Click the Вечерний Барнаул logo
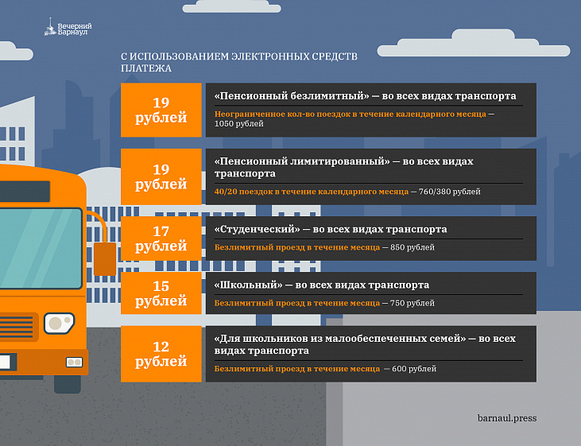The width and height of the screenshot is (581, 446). (68, 28)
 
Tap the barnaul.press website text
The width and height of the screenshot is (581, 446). (507, 418)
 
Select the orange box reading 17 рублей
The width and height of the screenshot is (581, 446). (161, 239)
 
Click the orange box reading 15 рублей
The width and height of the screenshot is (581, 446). (161, 293)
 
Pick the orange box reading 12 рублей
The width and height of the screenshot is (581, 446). (161, 354)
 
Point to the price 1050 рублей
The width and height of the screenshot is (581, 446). (239, 124)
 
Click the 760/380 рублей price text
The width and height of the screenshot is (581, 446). (449, 192)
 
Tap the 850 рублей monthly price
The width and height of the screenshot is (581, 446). (413, 247)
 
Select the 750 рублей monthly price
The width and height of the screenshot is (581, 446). (413, 303)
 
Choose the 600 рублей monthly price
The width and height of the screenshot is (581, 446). (414, 369)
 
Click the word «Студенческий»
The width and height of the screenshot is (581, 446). (258, 229)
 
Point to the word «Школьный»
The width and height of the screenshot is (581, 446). (248, 285)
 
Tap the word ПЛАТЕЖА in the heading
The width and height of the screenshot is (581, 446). (146, 68)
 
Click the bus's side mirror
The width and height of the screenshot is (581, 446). (105, 259)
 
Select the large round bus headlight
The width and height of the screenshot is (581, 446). (60, 323)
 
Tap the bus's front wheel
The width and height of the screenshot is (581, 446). (68, 384)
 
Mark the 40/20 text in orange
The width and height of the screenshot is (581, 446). (225, 192)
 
